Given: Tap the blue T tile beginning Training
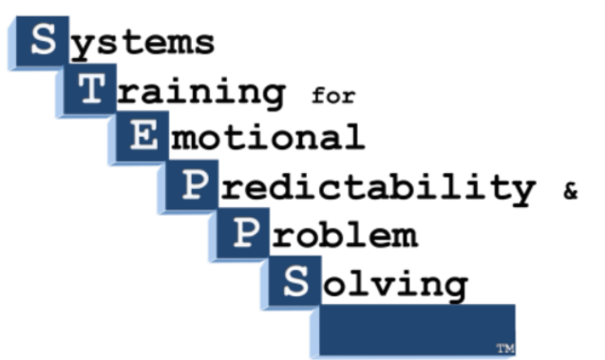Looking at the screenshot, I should [x=90, y=90].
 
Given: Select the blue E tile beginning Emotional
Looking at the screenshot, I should [x=141, y=139].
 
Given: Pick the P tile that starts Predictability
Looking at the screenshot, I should [x=192, y=187].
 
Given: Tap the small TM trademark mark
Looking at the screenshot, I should [x=503, y=349].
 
